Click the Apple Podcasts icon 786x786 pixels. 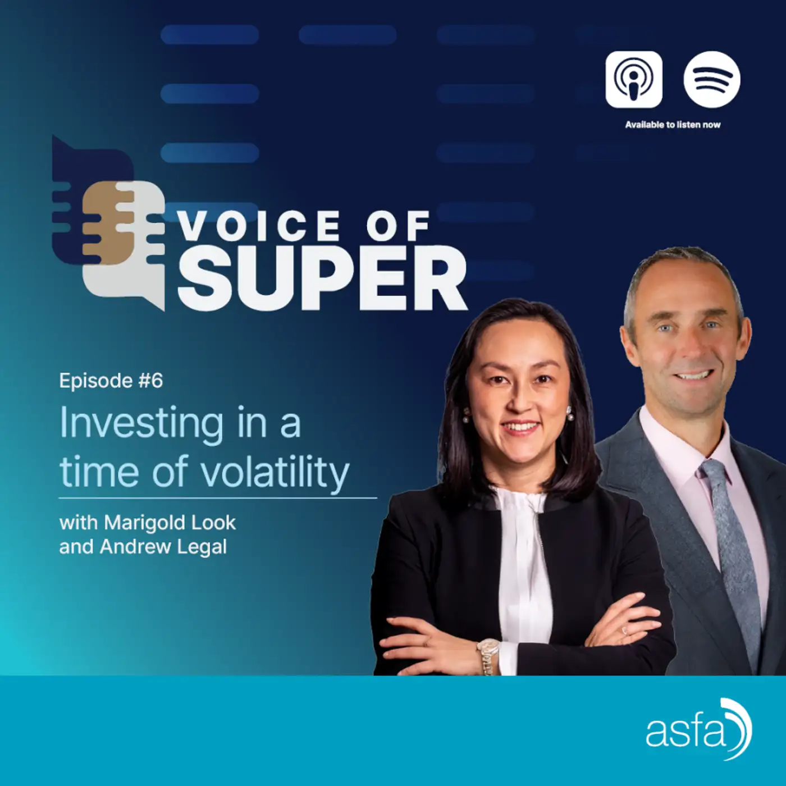click(633, 79)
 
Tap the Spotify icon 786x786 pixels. click(712, 79)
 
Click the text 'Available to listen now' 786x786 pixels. click(673, 125)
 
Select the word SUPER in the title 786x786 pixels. click(322, 278)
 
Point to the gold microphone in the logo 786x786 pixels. click(108, 223)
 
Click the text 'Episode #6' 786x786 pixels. click(111, 381)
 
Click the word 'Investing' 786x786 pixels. click(141, 424)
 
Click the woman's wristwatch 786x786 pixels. click(488, 657)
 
